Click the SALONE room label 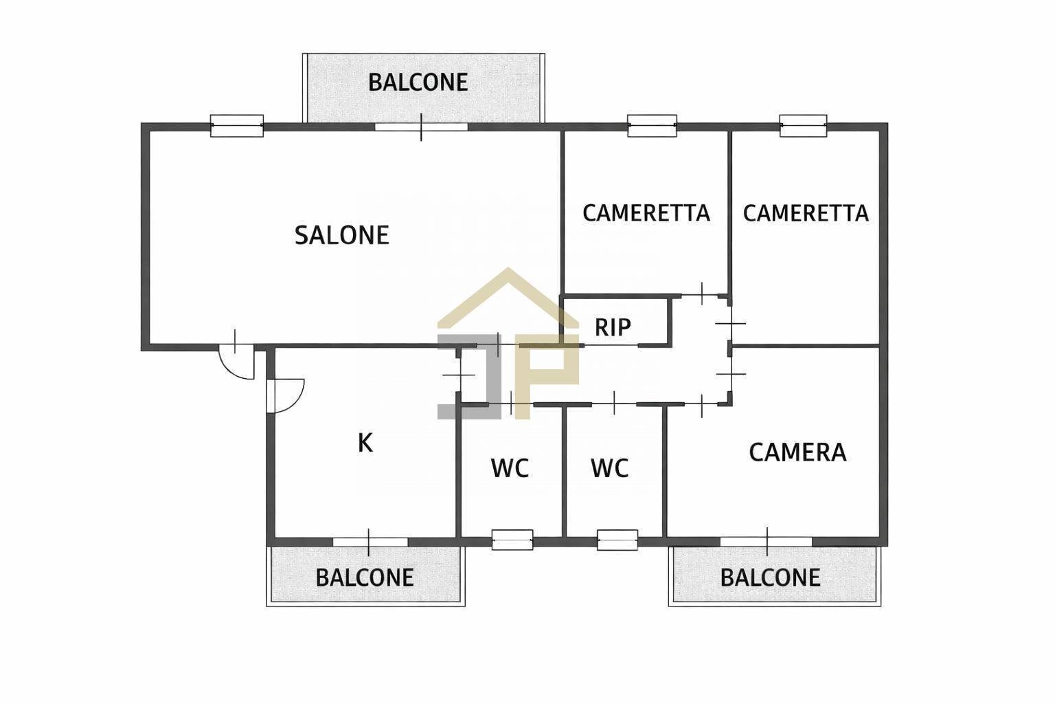tap(341, 235)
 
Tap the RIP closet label tap(613, 327)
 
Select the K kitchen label tap(365, 443)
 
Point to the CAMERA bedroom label tap(797, 452)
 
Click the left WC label tap(510, 469)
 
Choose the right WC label tap(609, 469)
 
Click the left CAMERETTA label tap(646, 213)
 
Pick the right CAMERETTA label tap(805, 213)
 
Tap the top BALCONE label tap(418, 82)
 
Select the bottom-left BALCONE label tap(365, 577)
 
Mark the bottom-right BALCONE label tap(770, 577)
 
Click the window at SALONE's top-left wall tap(236, 126)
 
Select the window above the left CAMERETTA tap(652, 126)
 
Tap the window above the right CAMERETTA tap(803, 126)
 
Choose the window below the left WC tap(512, 540)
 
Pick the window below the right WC tap(617, 540)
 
